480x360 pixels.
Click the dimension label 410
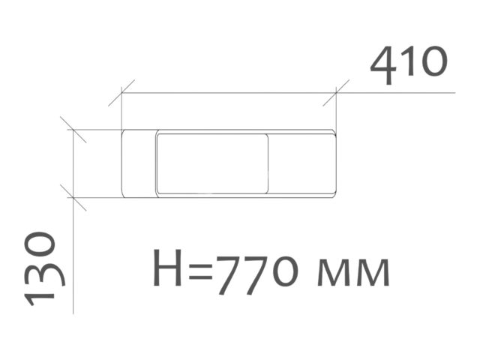(409, 65)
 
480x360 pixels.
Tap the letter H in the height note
(167, 268)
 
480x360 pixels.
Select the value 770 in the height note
(257, 273)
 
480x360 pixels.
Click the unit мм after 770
(353, 272)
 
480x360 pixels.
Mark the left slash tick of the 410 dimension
(121, 93)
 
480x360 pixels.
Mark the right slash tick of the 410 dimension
(336, 93)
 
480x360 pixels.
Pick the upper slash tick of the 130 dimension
(73, 130)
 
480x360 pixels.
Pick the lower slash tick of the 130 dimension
(73, 197)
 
